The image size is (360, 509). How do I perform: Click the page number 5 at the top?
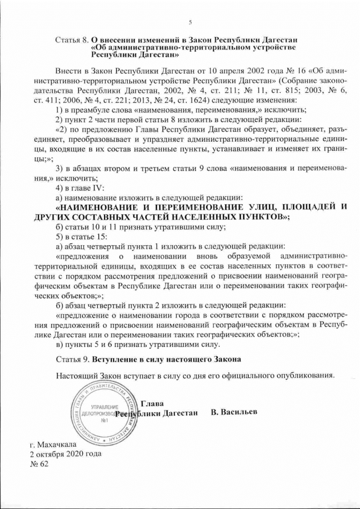[x=190, y=22]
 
